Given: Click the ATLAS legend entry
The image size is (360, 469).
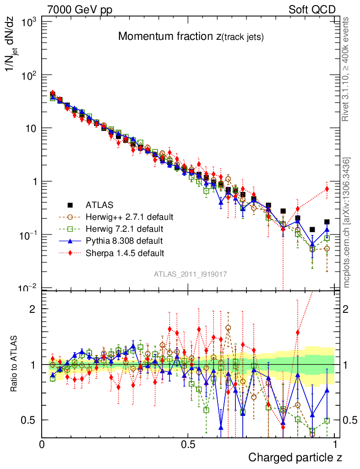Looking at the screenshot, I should [x=100, y=205].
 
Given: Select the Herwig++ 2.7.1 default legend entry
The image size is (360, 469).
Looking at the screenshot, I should [x=129, y=217].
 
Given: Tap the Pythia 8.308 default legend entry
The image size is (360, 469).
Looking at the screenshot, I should [x=124, y=240].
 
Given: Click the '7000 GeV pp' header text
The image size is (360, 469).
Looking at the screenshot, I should [x=80, y=10].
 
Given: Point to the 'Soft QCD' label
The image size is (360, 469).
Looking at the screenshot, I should [x=312, y=10].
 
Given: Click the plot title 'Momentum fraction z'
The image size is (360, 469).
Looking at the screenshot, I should [x=191, y=37].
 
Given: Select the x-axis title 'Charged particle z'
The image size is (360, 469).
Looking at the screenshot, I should [x=295, y=457].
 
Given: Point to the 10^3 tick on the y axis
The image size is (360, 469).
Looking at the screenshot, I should [x=29, y=22].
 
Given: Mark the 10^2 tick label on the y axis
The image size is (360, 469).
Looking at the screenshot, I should [x=29, y=75].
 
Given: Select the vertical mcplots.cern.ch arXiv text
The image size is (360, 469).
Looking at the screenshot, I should [x=347, y=222].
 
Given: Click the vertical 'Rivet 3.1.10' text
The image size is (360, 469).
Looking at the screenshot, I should [x=346, y=69].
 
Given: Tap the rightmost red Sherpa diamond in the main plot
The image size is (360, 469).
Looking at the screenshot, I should [x=327, y=189].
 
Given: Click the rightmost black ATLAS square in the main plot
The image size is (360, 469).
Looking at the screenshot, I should [x=327, y=222].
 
